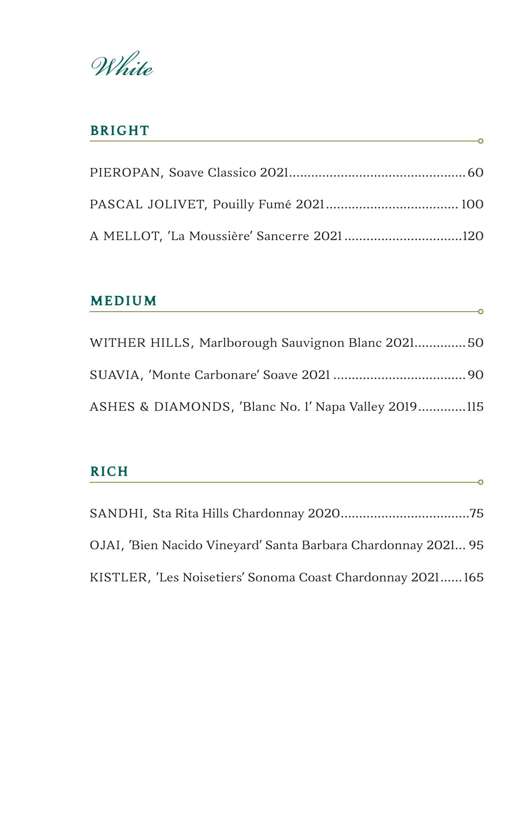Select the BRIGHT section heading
click(x=120, y=130)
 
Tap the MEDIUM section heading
click(x=124, y=301)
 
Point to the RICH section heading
click(x=109, y=471)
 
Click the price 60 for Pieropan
click(x=476, y=173)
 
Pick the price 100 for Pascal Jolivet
click(x=472, y=205)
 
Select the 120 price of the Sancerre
click(x=473, y=236)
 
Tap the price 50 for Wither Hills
click(x=476, y=343)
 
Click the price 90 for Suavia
click(x=476, y=375)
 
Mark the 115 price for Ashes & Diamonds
click(x=475, y=406)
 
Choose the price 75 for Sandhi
click(x=476, y=513)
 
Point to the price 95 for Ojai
click(x=476, y=545)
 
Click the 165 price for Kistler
click(x=474, y=577)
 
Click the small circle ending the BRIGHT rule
click(x=481, y=141)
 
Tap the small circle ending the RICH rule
click(x=481, y=482)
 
